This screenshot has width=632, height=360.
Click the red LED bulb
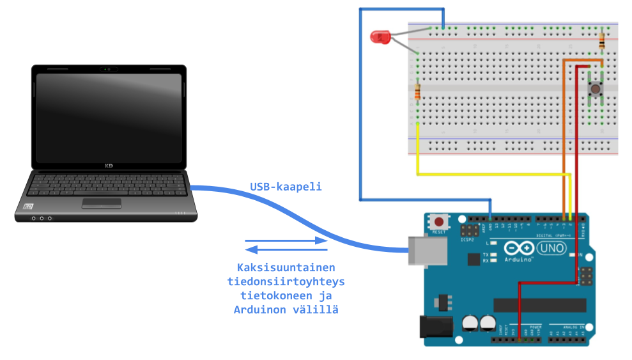(x=380, y=36)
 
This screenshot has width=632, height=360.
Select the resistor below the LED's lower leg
(x=417, y=93)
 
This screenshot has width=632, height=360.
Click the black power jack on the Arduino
(x=434, y=327)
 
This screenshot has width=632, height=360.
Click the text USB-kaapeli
(x=285, y=187)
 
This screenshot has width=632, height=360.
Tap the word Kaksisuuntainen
(x=286, y=267)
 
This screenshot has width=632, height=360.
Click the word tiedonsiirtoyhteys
(x=286, y=281)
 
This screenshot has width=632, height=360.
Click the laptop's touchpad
(x=102, y=203)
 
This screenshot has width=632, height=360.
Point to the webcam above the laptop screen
(x=107, y=68)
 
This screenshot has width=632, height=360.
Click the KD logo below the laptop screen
(x=109, y=166)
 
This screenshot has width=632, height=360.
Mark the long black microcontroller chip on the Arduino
(x=539, y=305)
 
